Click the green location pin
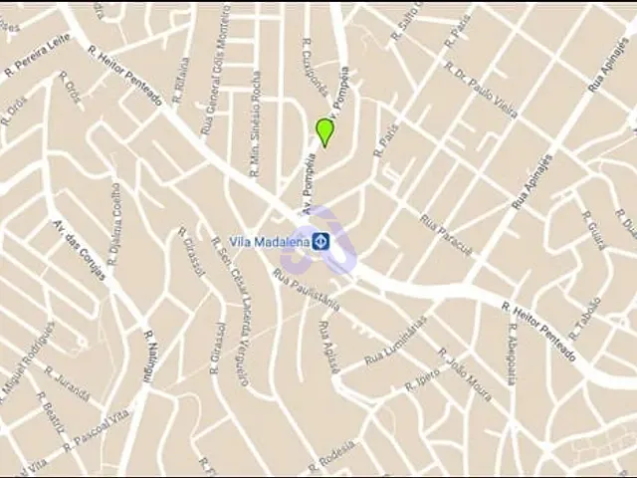[x=323, y=131]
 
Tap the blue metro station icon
[x=321, y=241]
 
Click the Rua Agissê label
[x=328, y=346]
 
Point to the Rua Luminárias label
[x=396, y=341]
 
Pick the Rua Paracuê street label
[x=446, y=235]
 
